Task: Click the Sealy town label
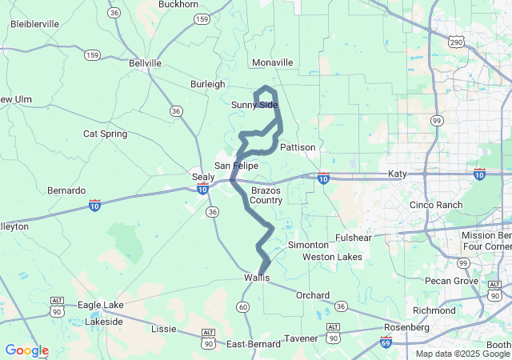click(203, 176)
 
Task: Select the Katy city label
click(398, 174)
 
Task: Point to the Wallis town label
click(257, 278)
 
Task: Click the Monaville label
click(272, 62)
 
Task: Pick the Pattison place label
click(298, 147)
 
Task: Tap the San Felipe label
click(236, 166)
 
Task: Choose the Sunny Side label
click(254, 105)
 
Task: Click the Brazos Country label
click(266, 195)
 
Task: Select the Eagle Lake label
click(101, 305)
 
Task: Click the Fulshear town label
click(354, 238)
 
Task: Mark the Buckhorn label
click(178, 4)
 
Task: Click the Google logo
click(26, 350)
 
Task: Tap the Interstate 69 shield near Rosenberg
click(386, 343)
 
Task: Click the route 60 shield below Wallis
click(242, 307)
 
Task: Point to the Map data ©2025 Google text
click(462, 354)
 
